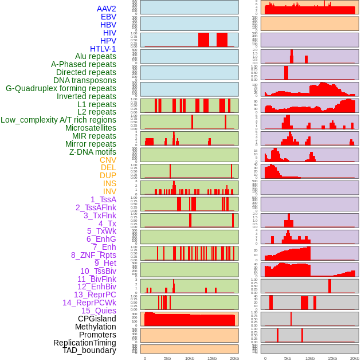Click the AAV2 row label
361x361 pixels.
(107, 9)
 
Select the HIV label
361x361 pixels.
(109, 33)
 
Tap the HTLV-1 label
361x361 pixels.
(103, 49)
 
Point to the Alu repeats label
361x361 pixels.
(96, 56)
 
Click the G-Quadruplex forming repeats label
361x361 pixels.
(61, 88)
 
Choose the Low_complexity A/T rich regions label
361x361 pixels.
(58, 120)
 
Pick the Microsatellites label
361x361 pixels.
(91, 128)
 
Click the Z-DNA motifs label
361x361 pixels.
(93, 152)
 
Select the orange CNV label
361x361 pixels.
(108, 160)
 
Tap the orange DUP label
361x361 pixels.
(108, 175)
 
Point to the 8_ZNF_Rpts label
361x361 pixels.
(93, 255)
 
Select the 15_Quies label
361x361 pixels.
(99, 311)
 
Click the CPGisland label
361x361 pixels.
(97, 319)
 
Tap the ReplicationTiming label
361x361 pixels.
(85, 343)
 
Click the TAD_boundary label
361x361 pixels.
(89, 350)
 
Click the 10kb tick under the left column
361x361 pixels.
(190, 358)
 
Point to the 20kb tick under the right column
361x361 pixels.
(355, 358)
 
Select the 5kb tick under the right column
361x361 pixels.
(288, 358)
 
